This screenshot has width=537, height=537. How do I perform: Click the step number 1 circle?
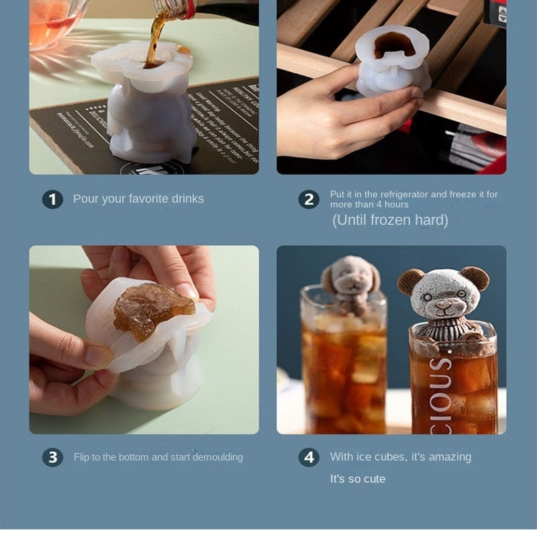52,199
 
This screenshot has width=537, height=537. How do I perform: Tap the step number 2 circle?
309,199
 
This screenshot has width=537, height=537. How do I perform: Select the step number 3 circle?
52,457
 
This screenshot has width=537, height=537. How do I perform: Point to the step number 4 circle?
309,457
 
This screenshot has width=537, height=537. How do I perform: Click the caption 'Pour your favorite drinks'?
138,199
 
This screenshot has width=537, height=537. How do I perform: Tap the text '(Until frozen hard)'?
390,220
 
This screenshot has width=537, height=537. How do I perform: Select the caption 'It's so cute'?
358,479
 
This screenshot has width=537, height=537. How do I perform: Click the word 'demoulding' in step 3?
217,457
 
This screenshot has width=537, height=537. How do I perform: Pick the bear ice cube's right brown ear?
476,277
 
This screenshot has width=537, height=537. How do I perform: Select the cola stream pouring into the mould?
156,40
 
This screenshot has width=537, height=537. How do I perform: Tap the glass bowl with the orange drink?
54,23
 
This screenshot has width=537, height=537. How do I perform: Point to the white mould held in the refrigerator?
393,64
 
